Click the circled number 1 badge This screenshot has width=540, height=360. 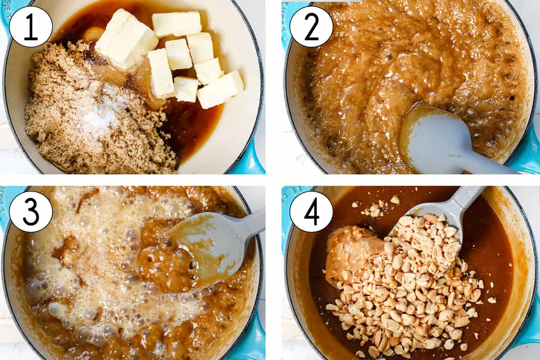(31, 27)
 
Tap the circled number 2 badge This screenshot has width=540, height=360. (311, 27)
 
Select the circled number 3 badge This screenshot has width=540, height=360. (31, 211)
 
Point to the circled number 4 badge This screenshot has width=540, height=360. (311, 211)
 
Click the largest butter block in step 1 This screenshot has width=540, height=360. (126, 39)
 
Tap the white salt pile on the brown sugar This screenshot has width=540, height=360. (101, 112)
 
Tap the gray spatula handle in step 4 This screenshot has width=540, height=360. (463, 200)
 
